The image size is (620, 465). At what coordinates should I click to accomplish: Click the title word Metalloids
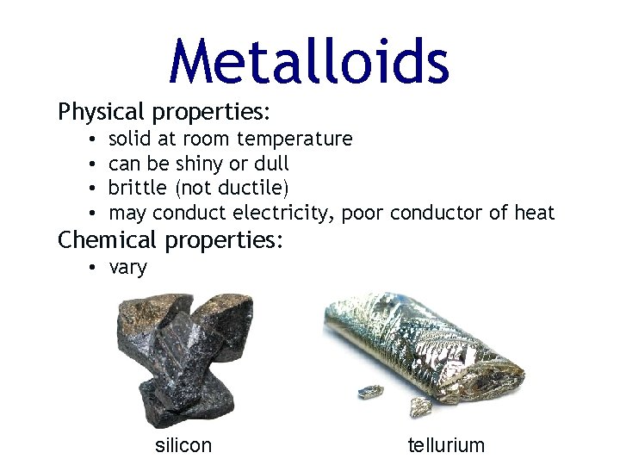tap(309, 62)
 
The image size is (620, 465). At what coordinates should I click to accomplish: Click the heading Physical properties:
tap(164, 113)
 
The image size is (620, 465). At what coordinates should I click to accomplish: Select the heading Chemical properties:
tap(170, 240)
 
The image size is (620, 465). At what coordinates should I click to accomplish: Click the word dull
tap(270, 164)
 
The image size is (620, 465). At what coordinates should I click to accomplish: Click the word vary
tap(128, 268)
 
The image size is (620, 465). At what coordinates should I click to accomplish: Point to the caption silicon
tap(183, 445)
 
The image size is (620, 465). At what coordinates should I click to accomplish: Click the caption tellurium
tap(446, 445)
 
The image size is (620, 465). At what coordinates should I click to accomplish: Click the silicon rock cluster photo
tap(184, 357)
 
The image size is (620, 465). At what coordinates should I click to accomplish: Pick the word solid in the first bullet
tap(129, 139)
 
